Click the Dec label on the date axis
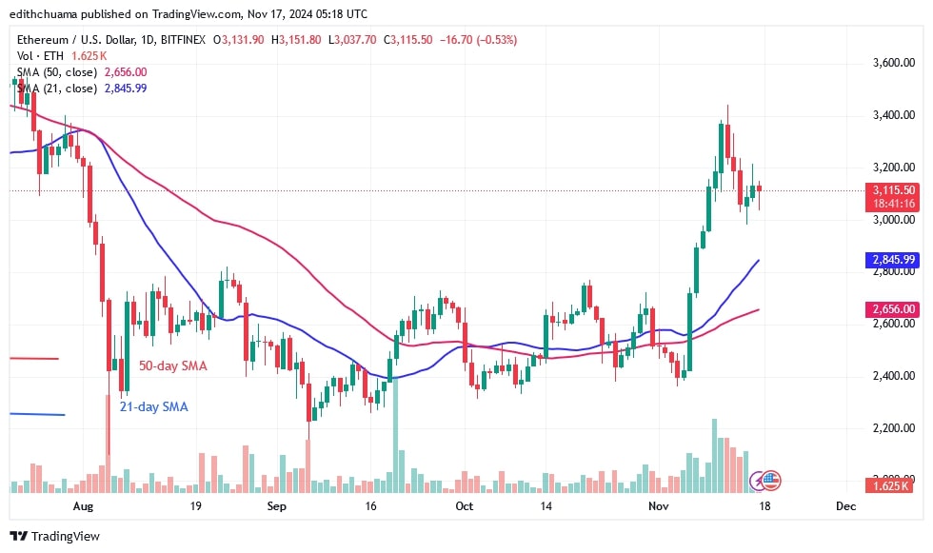(x=845, y=506)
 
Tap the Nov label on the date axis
(x=658, y=506)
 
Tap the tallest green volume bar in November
(x=714, y=455)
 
